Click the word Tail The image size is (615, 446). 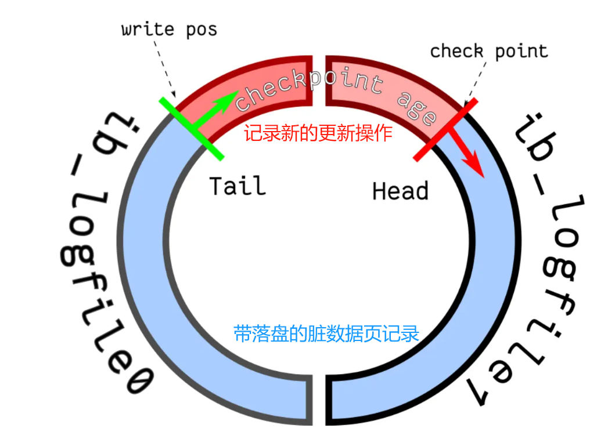click(237, 186)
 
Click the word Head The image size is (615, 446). click(400, 191)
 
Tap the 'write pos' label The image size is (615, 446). click(169, 29)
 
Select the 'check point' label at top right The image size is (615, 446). click(489, 51)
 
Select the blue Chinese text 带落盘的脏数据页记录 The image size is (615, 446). click(326, 334)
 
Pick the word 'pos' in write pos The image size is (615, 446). click(201, 29)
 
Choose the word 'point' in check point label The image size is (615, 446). click(522, 51)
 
